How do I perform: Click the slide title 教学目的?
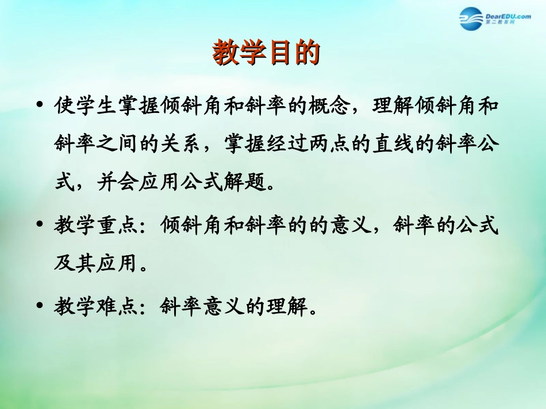[x=266, y=54]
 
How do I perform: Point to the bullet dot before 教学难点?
[x=40, y=305]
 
